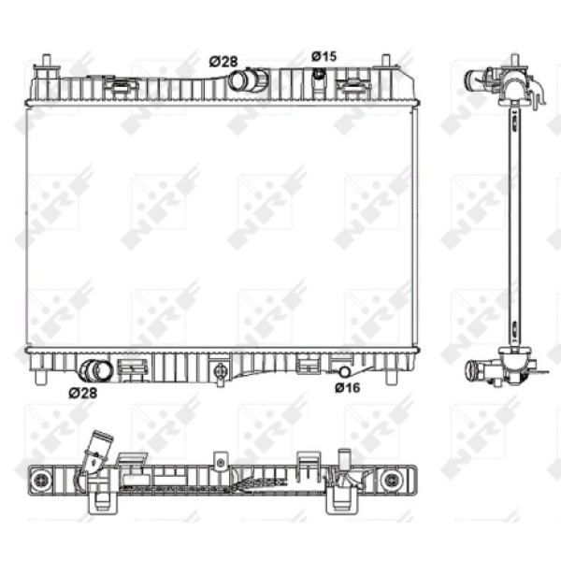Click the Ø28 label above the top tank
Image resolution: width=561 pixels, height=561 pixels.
[x=223, y=61]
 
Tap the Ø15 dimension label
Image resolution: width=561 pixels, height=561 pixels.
[x=324, y=56]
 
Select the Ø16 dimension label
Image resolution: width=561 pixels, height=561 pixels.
[x=348, y=387]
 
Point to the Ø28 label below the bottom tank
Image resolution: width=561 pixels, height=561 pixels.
[x=81, y=392]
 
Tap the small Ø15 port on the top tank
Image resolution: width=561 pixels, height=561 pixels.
[x=319, y=73]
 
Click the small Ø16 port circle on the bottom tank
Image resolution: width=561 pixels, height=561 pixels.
[x=344, y=373]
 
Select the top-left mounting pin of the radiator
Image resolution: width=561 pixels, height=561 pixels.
[x=45, y=64]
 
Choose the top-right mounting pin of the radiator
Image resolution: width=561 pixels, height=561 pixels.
[x=385, y=64]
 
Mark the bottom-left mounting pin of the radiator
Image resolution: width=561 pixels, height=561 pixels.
[x=41, y=379]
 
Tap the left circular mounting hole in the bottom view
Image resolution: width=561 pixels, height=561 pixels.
[x=40, y=480]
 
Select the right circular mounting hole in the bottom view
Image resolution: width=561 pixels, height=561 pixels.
[x=392, y=480]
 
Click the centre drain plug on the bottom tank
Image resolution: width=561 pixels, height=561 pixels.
[x=220, y=372]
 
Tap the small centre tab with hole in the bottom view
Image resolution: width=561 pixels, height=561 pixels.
[x=220, y=460]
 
